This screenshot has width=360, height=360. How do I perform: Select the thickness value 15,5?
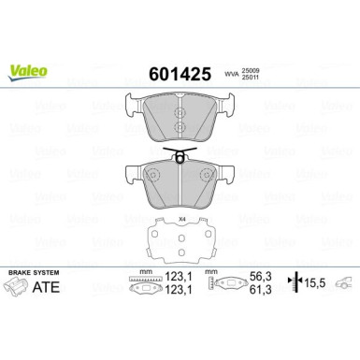[316, 286]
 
